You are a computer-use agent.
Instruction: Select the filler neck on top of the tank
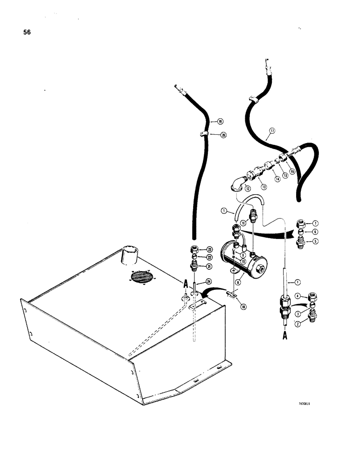coord(131,255)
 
